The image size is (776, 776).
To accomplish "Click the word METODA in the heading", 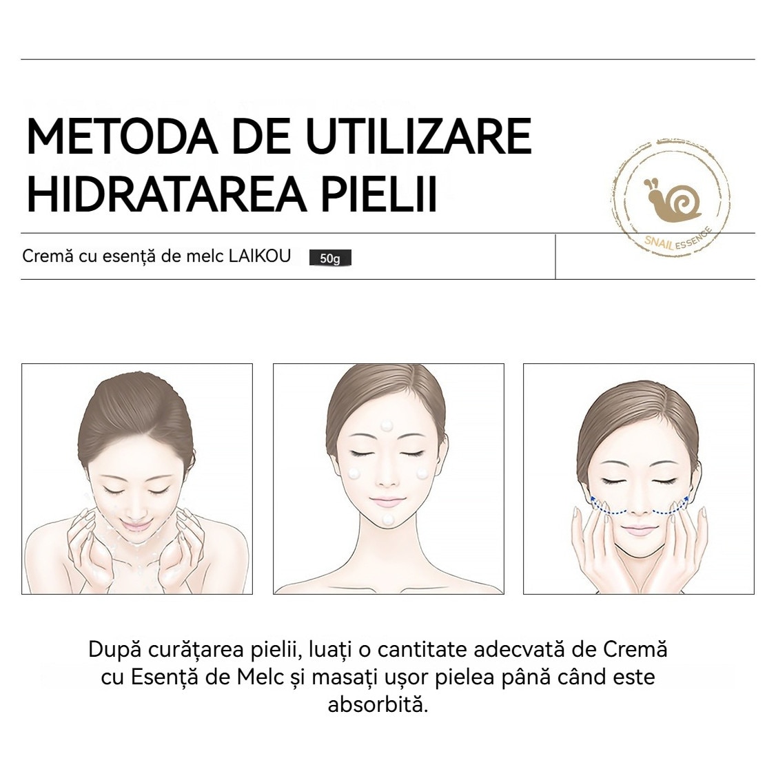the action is (122, 136).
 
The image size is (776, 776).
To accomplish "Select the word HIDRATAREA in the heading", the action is (166, 193).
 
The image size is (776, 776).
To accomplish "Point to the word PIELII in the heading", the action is (380, 193).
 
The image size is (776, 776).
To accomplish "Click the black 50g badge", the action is (330, 258).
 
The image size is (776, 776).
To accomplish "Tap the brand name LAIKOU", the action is (259, 256).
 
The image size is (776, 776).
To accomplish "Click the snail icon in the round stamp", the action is (672, 199).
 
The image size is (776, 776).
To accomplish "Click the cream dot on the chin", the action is (388, 520).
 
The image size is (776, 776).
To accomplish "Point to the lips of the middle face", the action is (389, 501).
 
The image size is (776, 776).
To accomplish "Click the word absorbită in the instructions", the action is (378, 704).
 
